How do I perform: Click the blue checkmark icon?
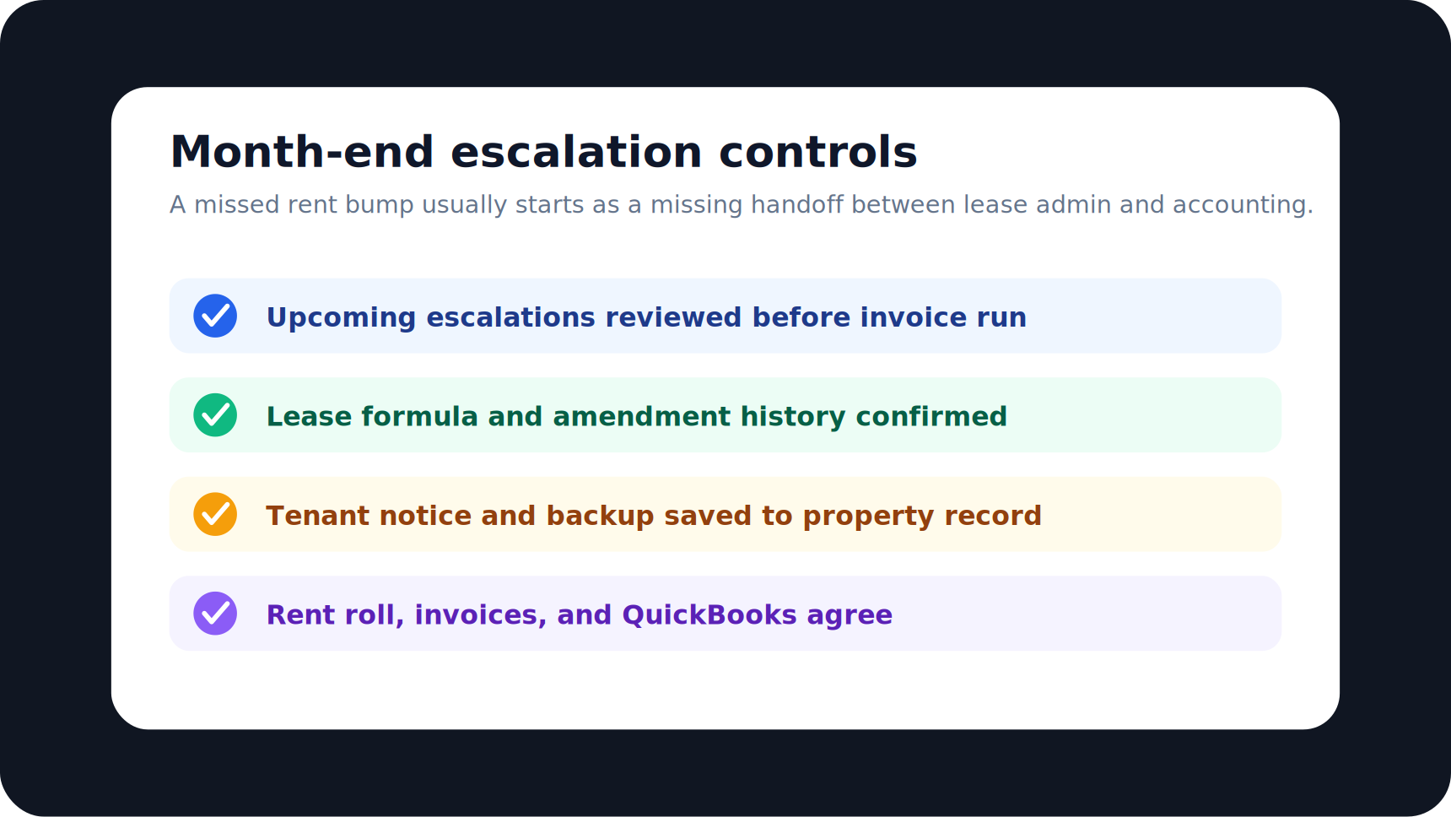pyautogui.click(x=215, y=316)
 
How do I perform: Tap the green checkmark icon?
pyautogui.click(x=215, y=415)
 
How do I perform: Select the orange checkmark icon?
pyautogui.click(x=215, y=514)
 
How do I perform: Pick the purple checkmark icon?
pyautogui.click(x=215, y=614)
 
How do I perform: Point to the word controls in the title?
pyautogui.click(x=817, y=152)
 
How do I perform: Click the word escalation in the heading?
pyautogui.click(x=576, y=152)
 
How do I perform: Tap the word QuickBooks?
pyautogui.click(x=709, y=614)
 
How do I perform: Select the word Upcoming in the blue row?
pyautogui.click(x=341, y=318)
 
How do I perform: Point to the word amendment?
pyautogui.click(x=641, y=416)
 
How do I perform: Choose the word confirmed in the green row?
pyautogui.click(x=931, y=416)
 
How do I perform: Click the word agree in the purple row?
pyautogui.click(x=850, y=616)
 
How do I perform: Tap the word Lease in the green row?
pyautogui.click(x=309, y=416)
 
